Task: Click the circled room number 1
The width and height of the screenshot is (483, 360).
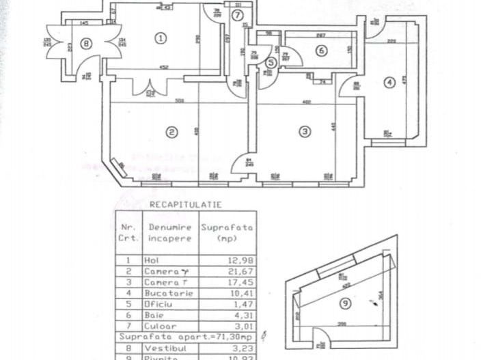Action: pyautogui.click(x=161, y=38)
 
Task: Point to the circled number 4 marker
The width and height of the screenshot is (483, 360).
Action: pyautogui.click(x=389, y=83)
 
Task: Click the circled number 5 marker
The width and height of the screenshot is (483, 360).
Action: pyautogui.click(x=271, y=62)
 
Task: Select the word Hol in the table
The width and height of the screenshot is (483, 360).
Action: pyautogui.click(x=151, y=260)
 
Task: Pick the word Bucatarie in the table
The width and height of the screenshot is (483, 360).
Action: pyautogui.click(x=164, y=292)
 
